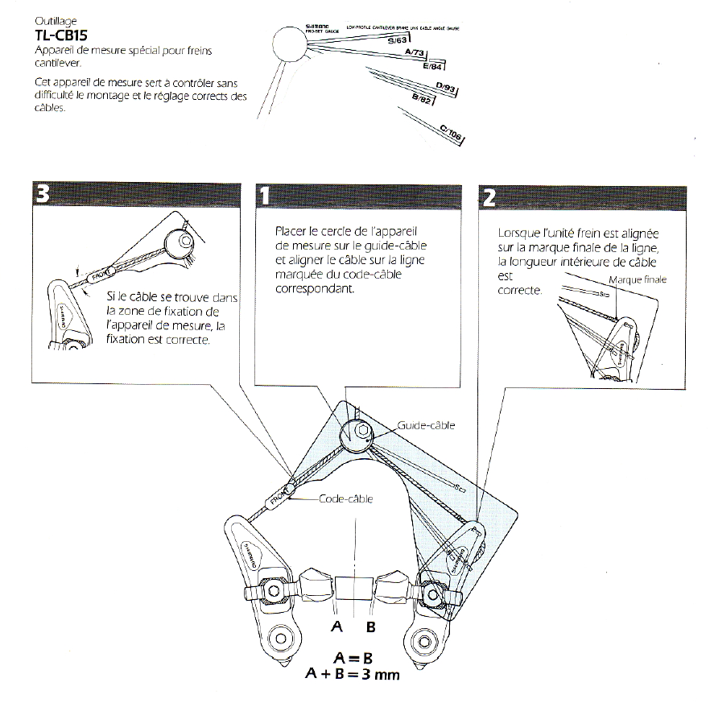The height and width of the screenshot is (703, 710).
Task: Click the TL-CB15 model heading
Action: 62,35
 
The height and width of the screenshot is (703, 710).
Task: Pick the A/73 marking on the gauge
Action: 415,53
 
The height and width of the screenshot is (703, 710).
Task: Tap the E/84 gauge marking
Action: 432,67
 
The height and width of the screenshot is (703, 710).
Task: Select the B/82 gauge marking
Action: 423,99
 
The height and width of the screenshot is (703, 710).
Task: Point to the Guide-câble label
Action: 426,425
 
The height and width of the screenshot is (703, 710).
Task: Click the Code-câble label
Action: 346,499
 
